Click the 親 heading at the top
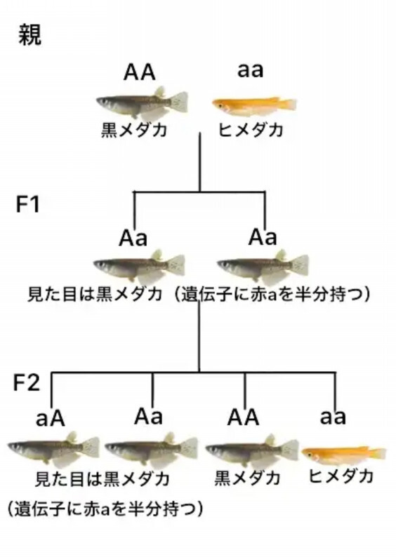(x=30, y=34)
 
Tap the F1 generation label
(x=27, y=204)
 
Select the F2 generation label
(x=26, y=382)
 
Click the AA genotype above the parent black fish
(x=139, y=72)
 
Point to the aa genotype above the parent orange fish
(x=250, y=71)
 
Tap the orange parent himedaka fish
(x=254, y=105)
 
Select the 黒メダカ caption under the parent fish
(x=134, y=130)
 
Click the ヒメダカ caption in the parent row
(x=251, y=130)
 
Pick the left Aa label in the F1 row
(x=133, y=238)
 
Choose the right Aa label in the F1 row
(x=263, y=237)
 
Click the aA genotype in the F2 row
(x=51, y=419)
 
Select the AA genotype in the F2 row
(x=243, y=417)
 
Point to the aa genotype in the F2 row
(x=333, y=417)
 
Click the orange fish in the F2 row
(x=344, y=455)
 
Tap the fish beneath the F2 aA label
(x=53, y=449)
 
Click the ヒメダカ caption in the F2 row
(x=341, y=476)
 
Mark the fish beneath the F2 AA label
(x=252, y=450)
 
